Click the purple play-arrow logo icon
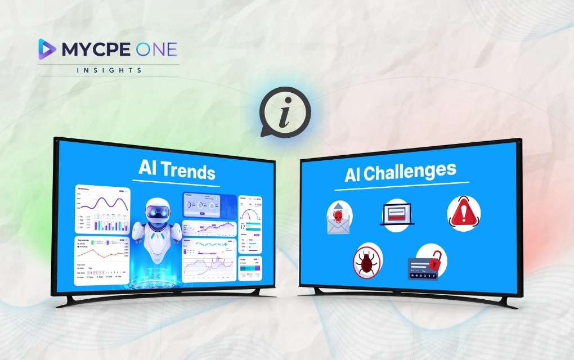pyautogui.click(x=47, y=49)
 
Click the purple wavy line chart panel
pyautogui.click(x=102, y=208)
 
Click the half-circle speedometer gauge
pyautogui.click(x=250, y=214)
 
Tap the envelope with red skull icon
pyautogui.click(x=339, y=217)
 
